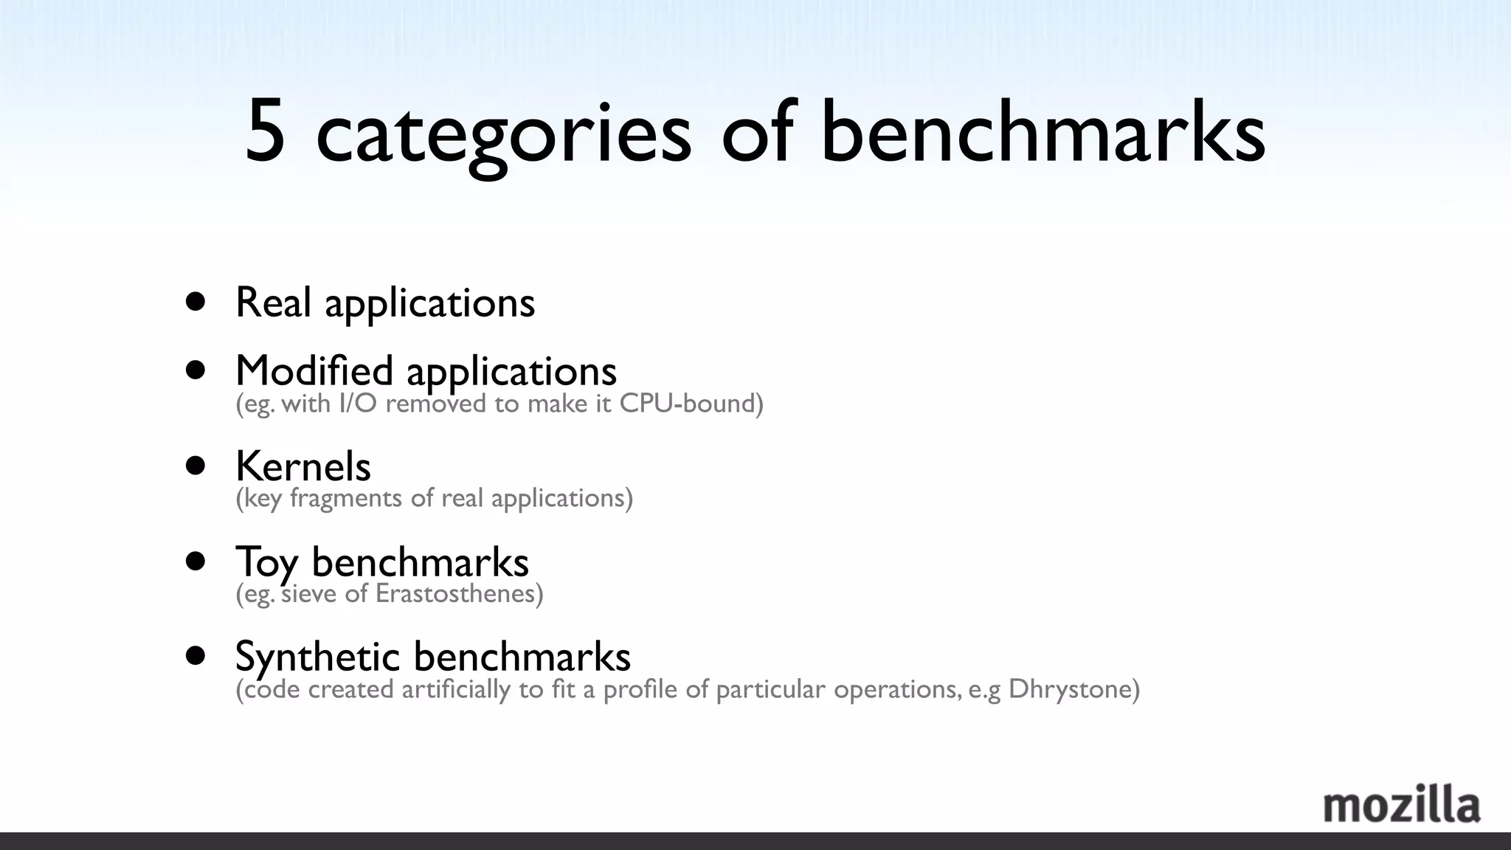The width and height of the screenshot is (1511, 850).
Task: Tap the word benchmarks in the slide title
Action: (x=1043, y=133)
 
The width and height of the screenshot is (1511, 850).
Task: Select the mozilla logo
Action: (x=1401, y=805)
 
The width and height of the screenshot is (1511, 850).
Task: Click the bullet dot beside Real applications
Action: (x=196, y=302)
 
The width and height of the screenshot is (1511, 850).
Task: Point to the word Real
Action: (x=273, y=302)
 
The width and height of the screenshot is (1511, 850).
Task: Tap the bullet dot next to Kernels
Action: (x=196, y=466)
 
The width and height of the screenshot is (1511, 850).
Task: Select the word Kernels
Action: (x=303, y=466)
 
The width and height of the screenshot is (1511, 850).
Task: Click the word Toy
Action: (x=266, y=562)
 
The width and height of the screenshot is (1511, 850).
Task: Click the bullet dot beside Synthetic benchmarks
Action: (x=196, y=656)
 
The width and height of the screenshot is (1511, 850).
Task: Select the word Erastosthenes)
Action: (x=459, y=593)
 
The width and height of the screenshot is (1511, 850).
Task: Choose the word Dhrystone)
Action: (x=1073, y=689)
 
